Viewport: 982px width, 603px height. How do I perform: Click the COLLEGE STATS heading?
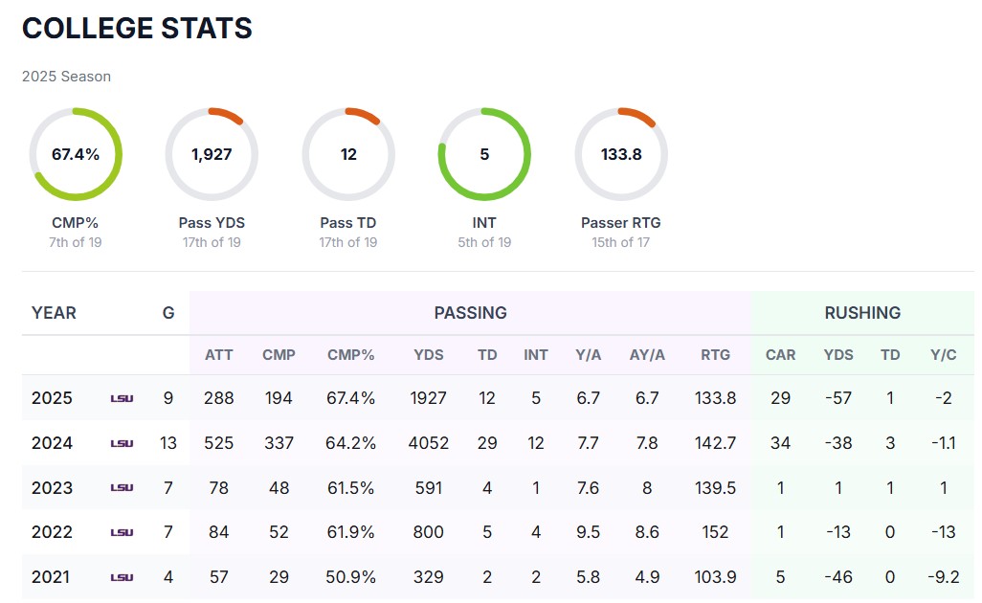coord(137,29)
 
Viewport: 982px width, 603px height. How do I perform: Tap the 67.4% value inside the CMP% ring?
coord(76,154)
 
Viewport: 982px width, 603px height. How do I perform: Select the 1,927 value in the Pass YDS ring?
coord(212,154)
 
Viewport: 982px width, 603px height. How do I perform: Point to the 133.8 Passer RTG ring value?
coord(621,154)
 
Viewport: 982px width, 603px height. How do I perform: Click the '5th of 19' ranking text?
coord(484,242)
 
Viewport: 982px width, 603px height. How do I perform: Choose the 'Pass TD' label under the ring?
coord(348,223)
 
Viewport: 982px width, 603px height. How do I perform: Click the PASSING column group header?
coord(470,313)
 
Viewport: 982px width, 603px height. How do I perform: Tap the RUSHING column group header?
coord(862,313)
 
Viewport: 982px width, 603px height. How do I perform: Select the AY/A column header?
coord(647,355)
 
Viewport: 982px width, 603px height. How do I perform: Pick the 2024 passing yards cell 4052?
coord(428,443)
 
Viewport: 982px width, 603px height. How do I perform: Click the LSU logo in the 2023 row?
coord(122,488)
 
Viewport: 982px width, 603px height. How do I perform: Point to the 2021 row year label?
coord(52,577)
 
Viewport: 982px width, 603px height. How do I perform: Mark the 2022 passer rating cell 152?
coord(715,532)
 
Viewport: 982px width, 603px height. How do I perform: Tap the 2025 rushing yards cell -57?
coord(837,398)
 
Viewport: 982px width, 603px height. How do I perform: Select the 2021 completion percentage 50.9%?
coord(351,577)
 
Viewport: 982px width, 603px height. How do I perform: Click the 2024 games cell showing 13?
coord(168,443)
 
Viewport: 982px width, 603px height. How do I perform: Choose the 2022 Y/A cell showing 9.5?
coord(588,532)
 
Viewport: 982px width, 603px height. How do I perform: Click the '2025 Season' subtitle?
coord(66,77)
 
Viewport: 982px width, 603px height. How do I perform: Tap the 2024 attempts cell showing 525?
coord(218,443)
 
